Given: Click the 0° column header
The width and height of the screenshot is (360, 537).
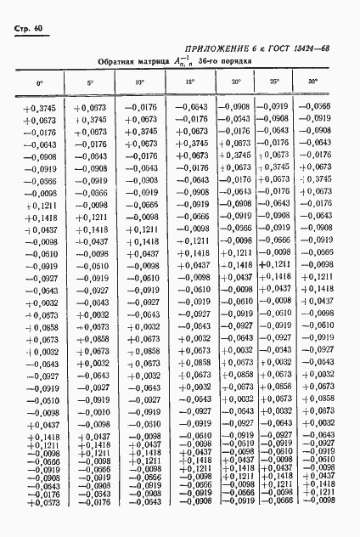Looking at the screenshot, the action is point(38,83).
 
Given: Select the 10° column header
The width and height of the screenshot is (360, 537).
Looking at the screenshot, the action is point(140,82).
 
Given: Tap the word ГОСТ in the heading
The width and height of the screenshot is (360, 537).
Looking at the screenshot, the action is point(291,51).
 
